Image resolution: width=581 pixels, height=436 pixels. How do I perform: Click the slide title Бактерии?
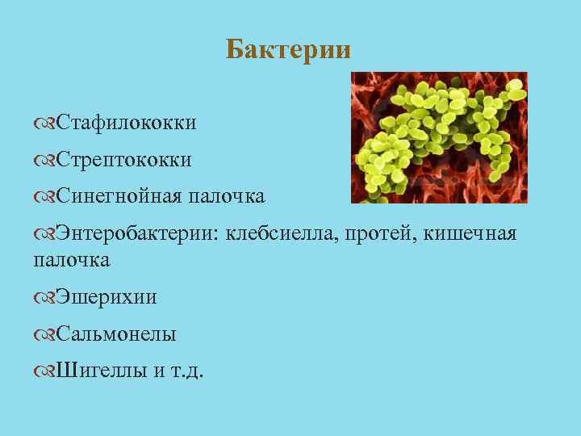[x=288, y=50]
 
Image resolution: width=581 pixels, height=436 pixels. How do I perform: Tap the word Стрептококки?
[x=123, y=160]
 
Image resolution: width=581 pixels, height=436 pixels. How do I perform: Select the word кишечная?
[x=468, y=234]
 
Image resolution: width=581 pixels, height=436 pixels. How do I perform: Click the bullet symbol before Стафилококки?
[x=44, y=124]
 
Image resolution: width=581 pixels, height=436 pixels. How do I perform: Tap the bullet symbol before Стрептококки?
[x=44, y=161]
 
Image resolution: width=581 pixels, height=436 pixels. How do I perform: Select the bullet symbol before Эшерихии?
[x=44, y=298]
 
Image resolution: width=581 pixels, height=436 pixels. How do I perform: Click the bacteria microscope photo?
[x=438, y=137]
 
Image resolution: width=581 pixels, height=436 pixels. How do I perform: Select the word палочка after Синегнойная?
[x=227, y=196]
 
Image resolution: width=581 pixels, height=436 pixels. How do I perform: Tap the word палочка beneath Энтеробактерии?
[x=71, y=260]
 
